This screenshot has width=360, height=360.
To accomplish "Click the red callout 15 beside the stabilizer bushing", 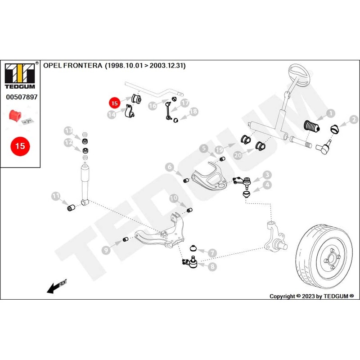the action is (x=115, y=103).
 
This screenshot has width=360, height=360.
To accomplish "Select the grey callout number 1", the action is (x=331, y=113).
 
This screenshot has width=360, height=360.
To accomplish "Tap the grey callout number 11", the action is (x=56, y=196).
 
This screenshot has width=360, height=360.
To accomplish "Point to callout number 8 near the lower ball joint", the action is (x=212, y=266).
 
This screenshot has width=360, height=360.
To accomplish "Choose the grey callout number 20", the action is (x=238, y=155).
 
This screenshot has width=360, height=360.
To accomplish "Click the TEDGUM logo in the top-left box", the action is (x=20, y=76).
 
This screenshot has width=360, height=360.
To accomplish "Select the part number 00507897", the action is (x=22, y=97).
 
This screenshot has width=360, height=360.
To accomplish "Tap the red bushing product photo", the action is (x=15, y=115).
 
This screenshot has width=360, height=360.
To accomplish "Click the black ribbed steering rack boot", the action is (x=312, y=126).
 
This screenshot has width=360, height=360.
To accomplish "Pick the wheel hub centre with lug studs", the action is (x=331, y=260).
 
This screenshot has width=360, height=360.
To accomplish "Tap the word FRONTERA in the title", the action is (x=83, y=65).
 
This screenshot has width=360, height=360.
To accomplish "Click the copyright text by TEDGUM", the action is (x=311, y=296).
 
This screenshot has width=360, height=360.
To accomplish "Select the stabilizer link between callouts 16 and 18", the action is (x=168, y=111).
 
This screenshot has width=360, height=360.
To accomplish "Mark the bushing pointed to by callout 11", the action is (x=71, y=207).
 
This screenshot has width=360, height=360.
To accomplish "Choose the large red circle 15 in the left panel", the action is (x=20, y=146).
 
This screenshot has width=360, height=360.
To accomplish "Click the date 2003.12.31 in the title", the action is (x=167, y=65).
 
